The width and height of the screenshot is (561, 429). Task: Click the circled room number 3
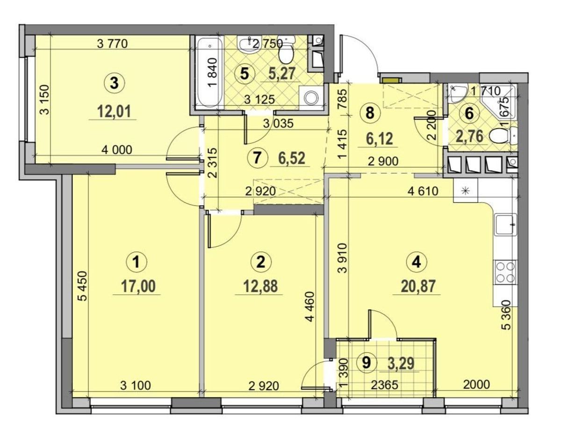tap(114, 83)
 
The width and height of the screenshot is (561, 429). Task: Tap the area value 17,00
tap(138, 286)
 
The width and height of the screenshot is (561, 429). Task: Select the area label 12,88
tap(260, 286)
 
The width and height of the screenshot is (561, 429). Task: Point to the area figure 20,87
tap(417, 286)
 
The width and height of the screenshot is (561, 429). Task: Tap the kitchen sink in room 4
tap(504, 225)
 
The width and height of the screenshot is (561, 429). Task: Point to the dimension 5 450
tap(83, 286)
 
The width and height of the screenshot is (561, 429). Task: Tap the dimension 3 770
tap(113, 43)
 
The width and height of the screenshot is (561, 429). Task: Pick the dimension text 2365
tap(384, 385)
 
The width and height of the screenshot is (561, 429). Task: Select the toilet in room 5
tap(286, 52)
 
